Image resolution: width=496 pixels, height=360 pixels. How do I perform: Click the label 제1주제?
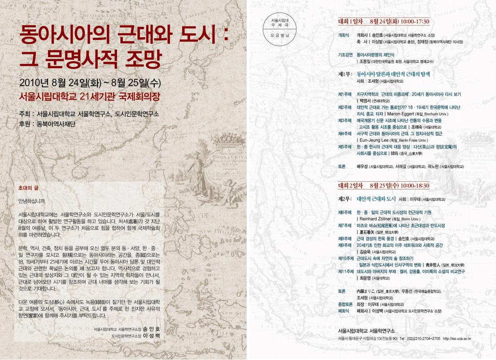click(344, 94)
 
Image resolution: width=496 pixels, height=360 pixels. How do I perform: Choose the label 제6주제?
click(344, 211)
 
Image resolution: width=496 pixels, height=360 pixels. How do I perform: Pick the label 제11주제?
click(346, 271)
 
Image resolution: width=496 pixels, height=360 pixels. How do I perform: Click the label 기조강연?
click(344, 54)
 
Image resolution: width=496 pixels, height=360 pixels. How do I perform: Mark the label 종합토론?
click(344, 304)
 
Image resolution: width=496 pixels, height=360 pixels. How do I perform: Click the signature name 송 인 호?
click(151, 329)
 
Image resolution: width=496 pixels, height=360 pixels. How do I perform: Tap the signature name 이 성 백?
click(151, 335)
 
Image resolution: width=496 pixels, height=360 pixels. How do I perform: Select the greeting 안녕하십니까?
click(32, 200)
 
